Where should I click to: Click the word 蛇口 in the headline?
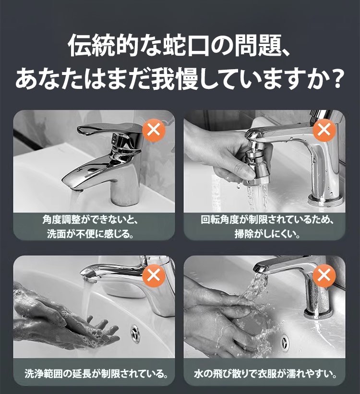click(185, 46)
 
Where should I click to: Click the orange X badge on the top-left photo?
click(154, 130)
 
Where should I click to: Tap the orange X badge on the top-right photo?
click(324, 130)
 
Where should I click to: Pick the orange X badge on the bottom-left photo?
click(154, 276)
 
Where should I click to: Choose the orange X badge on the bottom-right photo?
click(324, 276)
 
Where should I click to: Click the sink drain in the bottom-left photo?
click(135, 333)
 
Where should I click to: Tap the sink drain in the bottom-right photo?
click(285, 341)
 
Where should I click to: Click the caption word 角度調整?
click(61, 220)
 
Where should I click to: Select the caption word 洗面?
click(57, 234)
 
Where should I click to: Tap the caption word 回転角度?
click(220, 220)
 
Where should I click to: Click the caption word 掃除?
click(244, 234)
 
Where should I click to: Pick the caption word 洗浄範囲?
click(44, 374)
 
